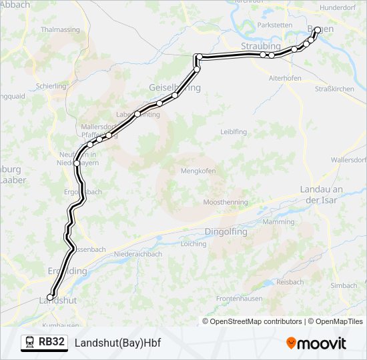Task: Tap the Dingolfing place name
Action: [x=224, y=232]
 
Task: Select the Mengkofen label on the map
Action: [x=198, y=171]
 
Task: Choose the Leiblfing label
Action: [x=234, y=132]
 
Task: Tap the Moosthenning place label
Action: [x=226, y=202]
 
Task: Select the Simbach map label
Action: [x=344, y=285]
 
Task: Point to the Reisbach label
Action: [x=290, y=282]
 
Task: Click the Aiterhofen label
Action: [x=285, y=78]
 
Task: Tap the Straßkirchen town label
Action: [x=334, y=89]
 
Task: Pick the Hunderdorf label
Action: [x=338, y=7]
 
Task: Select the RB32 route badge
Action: [x=51, y=343]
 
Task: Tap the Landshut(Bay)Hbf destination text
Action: [x=118, y=343]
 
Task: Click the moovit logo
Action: [x=316, y=343]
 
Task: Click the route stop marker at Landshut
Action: [x=50, y=297]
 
